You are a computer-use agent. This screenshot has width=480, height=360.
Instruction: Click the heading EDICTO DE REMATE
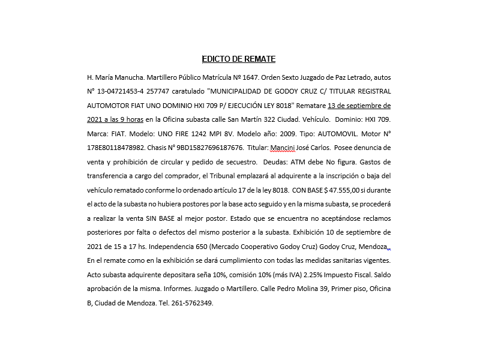pos(239,59)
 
